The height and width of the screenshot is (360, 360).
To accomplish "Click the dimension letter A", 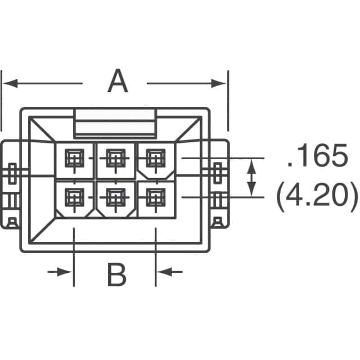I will click(x=118, y=82).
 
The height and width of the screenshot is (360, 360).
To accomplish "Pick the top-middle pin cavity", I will click(x=115, y=159).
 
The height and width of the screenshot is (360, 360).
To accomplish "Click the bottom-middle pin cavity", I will click(x=115, y=197).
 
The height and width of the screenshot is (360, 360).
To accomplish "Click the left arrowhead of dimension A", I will click(x=8, y=83).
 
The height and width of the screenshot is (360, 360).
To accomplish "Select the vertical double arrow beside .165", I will click(x=251, y=178).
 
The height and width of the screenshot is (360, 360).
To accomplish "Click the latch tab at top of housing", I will click(x=115, y=123).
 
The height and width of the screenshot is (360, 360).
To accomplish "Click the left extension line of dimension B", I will click(x=74, y=253).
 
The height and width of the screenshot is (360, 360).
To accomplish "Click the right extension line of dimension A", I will click(x=228, y=101).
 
